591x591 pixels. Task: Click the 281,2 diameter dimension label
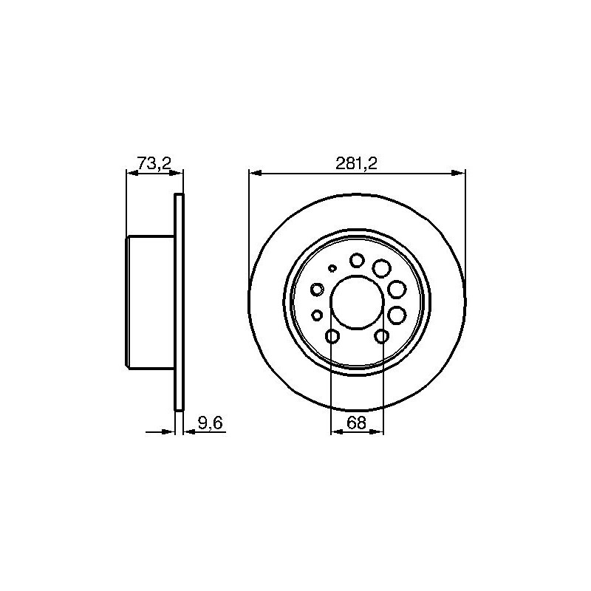click(x=356, y=163)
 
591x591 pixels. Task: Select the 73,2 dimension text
click(x=154, y=163)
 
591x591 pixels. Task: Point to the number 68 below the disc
click(x=357, y=423)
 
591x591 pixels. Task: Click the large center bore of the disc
click(x=357, y=302)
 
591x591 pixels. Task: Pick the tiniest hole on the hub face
click(x=332, y=268)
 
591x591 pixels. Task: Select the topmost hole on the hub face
click(x=357, y=260)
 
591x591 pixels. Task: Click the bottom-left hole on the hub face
click(x=332, y=336)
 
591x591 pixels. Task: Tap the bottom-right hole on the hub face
click(x=382, y=336)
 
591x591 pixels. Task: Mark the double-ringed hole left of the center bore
click(x=318, y=290)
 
